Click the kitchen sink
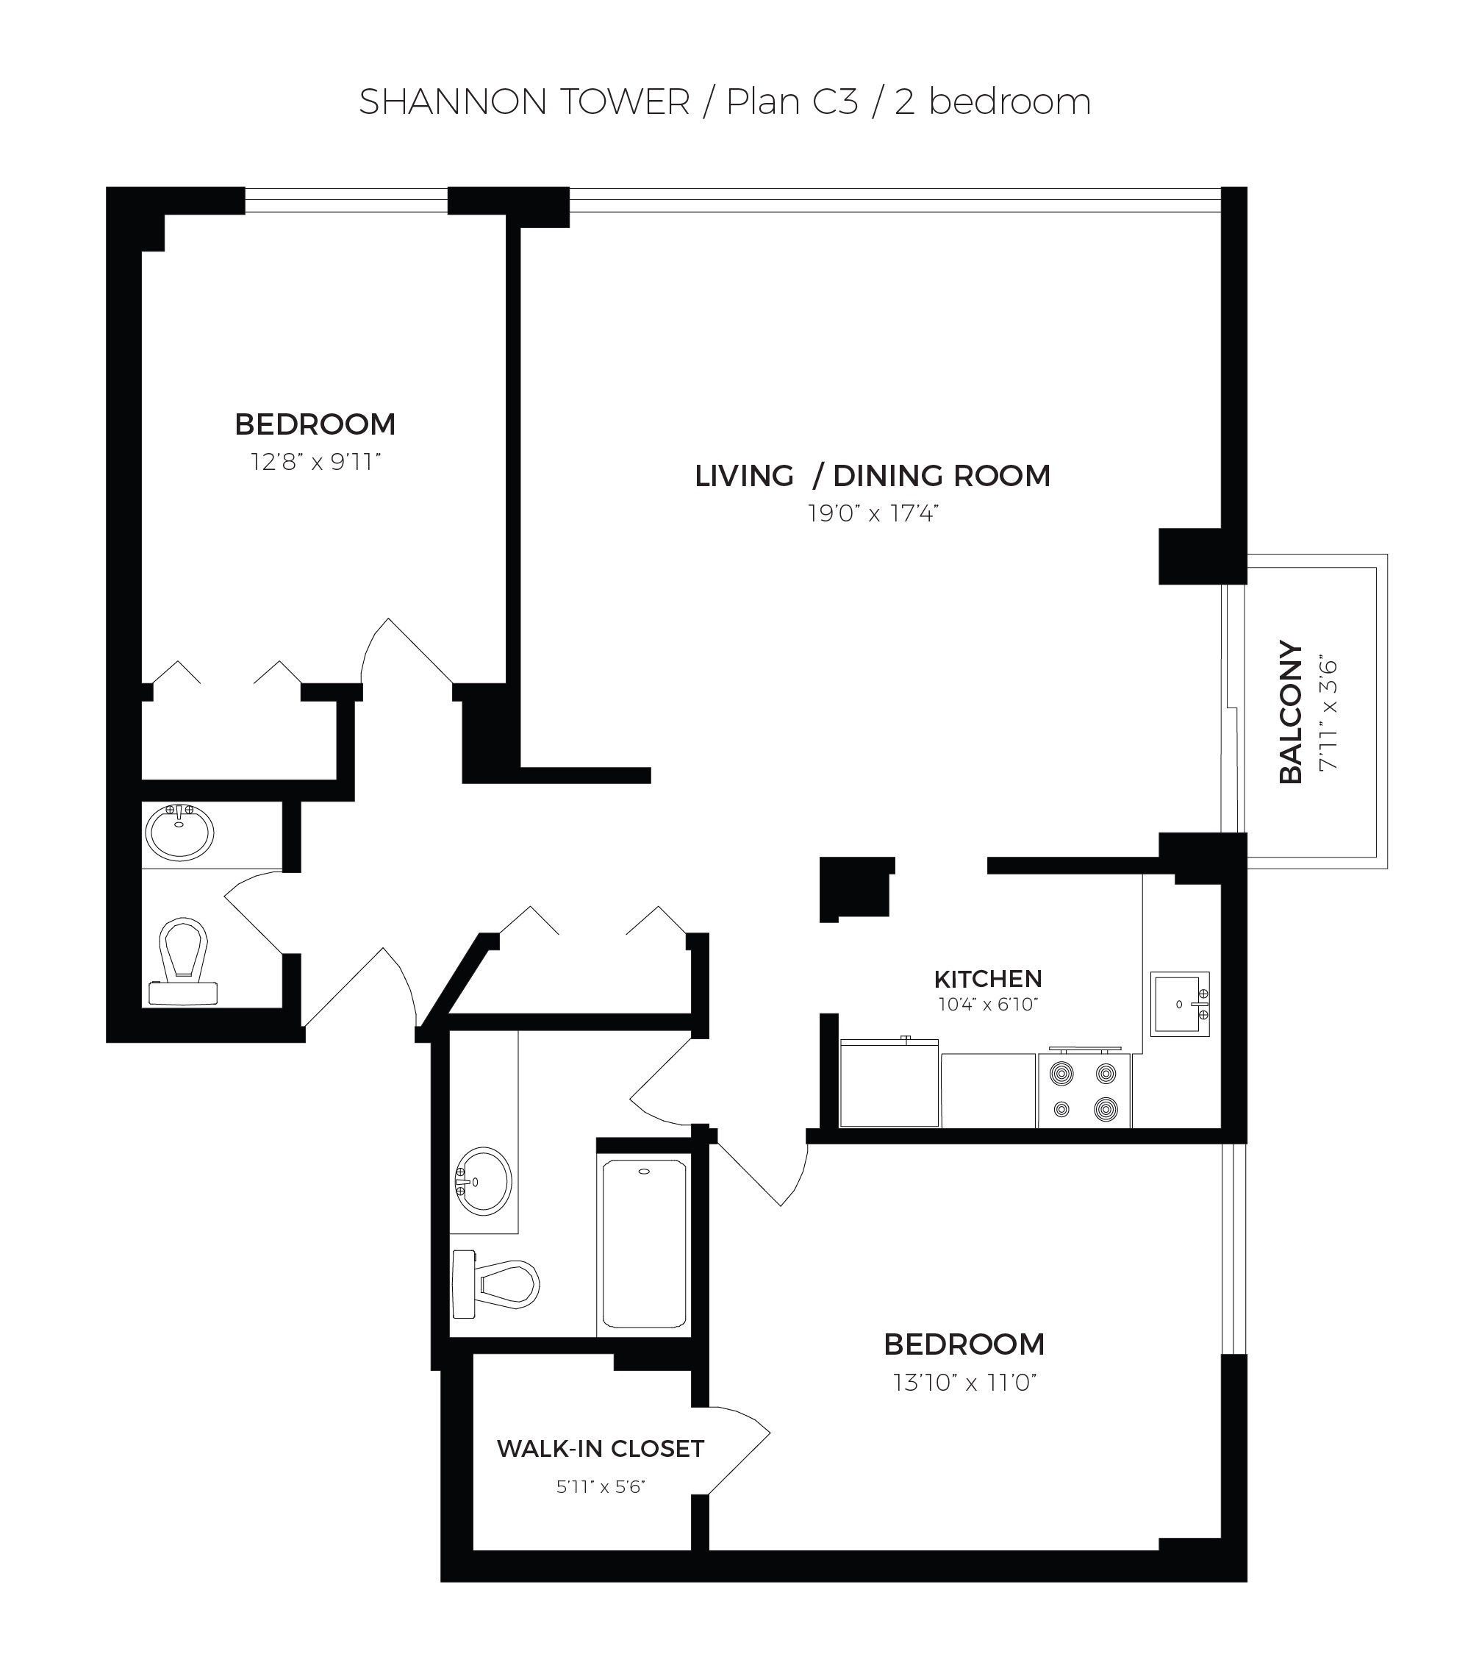[x=1179, y=1004]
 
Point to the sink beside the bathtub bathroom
[x=483, y=1182]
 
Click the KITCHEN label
[x=987, y=978]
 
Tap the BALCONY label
[x=1291, y=713]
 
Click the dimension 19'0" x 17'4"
[x=873, y=513]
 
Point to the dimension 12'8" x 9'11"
[x=315, y=463]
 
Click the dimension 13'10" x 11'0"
[x=964, y=1383]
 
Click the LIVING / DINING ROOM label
[x=872, y=476]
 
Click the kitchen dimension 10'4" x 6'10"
[x=987, y=1005]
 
